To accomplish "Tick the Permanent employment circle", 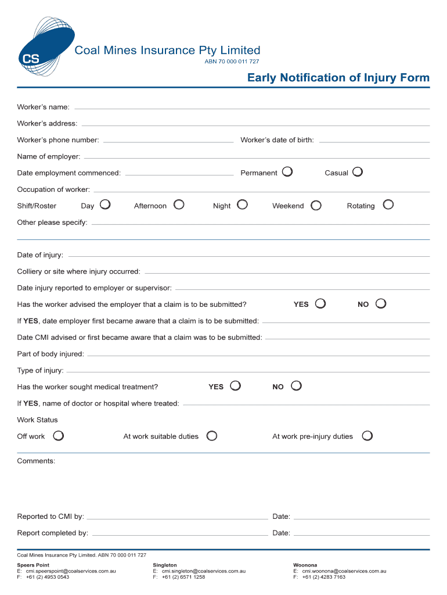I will [x=287, y=172].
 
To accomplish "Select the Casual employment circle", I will [x=358, y=172].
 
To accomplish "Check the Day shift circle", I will [x=105, y=205].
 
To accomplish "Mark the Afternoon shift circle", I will [x=179, y=205].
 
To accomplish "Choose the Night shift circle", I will [x=242, y=205].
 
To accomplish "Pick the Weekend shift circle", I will [x=316, y=205].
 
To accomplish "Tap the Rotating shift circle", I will [x=388, y=205].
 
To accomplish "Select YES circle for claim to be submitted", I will [x=320, y=304].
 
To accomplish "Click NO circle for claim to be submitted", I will [x=381, y=304].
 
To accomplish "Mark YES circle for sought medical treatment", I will [x=235, y=386].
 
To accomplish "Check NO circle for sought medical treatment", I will [x=296, y=386].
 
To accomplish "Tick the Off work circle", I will [x=58, y=436].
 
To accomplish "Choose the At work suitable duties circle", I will [x=212, y=436].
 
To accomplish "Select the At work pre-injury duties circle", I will [x=367, y=436].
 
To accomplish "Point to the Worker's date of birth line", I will [x=374, y=141].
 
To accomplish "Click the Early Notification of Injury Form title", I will [x=338, y=78].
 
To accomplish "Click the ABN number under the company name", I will [x=232, y=62].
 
